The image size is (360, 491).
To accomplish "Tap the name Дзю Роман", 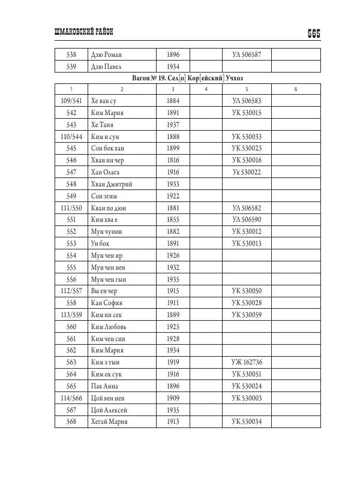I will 106,55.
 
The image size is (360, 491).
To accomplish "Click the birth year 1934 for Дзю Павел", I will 173,67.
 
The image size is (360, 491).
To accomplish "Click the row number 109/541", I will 71,101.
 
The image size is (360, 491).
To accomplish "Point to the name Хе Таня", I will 103,125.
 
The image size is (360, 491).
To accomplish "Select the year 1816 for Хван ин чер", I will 173,160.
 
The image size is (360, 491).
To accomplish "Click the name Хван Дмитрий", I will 111,184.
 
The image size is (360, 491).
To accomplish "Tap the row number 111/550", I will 71,208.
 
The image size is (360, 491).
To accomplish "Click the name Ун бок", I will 101,243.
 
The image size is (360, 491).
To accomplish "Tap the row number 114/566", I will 71,398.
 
